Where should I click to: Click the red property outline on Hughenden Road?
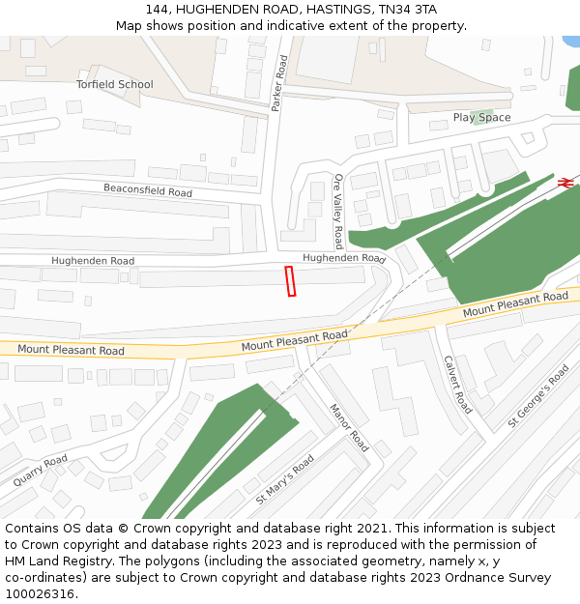[290, 281]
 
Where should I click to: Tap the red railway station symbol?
[565, 182]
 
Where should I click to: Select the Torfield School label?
[115, 84]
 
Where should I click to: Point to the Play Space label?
[481, 118]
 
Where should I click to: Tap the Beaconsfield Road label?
[148, 190]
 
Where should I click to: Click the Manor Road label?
[349, 427]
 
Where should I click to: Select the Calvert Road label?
[457, 384]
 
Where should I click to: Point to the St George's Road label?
[538, 396]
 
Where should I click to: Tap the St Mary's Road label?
[285, 480]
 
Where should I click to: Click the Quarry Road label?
[41, 470]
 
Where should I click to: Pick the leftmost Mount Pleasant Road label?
[71, 350]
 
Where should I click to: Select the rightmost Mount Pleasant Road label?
[514, 305]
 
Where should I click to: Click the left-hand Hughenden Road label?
[93, 261]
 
